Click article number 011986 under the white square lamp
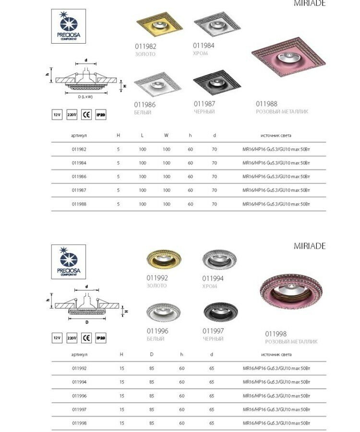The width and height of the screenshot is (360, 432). coord(145,104)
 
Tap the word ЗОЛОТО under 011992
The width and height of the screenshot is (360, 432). coord(157,286)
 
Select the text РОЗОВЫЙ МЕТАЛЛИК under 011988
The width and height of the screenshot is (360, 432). coord(282,111)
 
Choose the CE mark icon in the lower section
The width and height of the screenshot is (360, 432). coord(86,338)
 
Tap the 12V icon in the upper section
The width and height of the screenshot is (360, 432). coord(57,115)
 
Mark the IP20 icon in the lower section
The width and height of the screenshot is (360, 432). coord(101,338)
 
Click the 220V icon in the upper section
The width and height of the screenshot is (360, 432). coord(72,115)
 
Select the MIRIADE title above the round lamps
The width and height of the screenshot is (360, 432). coord(310,246)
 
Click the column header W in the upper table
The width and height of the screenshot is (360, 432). coord(166,135)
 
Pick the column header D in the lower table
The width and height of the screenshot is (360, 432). coord(152,354)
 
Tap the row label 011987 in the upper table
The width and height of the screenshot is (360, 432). coord(79,190)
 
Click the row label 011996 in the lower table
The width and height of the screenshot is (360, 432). coord(79,396)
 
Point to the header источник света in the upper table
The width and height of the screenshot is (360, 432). coord(276,135)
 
